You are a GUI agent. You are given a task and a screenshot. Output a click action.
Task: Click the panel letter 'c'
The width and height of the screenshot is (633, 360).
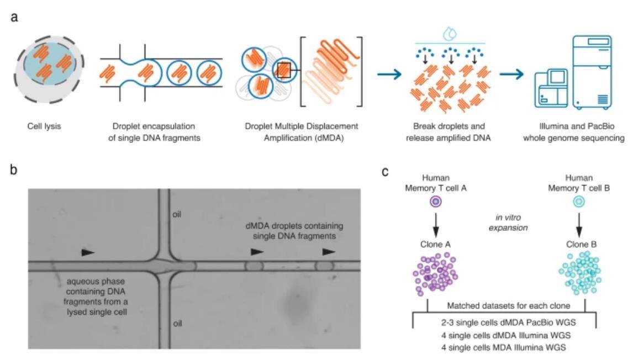coord(386,171)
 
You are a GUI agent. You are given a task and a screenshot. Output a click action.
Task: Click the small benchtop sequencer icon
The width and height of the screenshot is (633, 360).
coord(552,88)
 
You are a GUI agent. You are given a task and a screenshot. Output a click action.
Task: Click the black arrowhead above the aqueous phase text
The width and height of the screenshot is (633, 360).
coord(87,252)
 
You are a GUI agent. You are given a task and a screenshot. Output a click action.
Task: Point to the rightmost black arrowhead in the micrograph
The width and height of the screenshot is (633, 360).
coord(329,252)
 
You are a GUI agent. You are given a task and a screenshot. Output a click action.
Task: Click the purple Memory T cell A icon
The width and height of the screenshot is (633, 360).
coord(436,203)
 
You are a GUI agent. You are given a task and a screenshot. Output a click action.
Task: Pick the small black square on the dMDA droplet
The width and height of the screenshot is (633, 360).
coord(285,70)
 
